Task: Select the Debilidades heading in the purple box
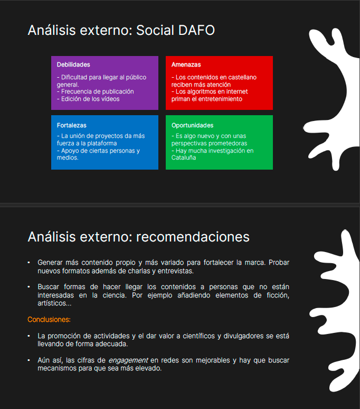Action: coord(73,64)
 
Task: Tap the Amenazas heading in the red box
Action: coord(186,64)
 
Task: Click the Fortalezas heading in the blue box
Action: coord(71,125)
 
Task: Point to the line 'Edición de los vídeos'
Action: coord(88,99)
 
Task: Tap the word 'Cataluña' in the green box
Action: coord(184,157)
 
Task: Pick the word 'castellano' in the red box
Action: coord(243,77)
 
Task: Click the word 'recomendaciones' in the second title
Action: coord(193,236)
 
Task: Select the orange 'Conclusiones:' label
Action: coord(49,320)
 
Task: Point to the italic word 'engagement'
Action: coord(128,360)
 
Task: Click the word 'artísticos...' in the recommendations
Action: coord(54,304)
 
